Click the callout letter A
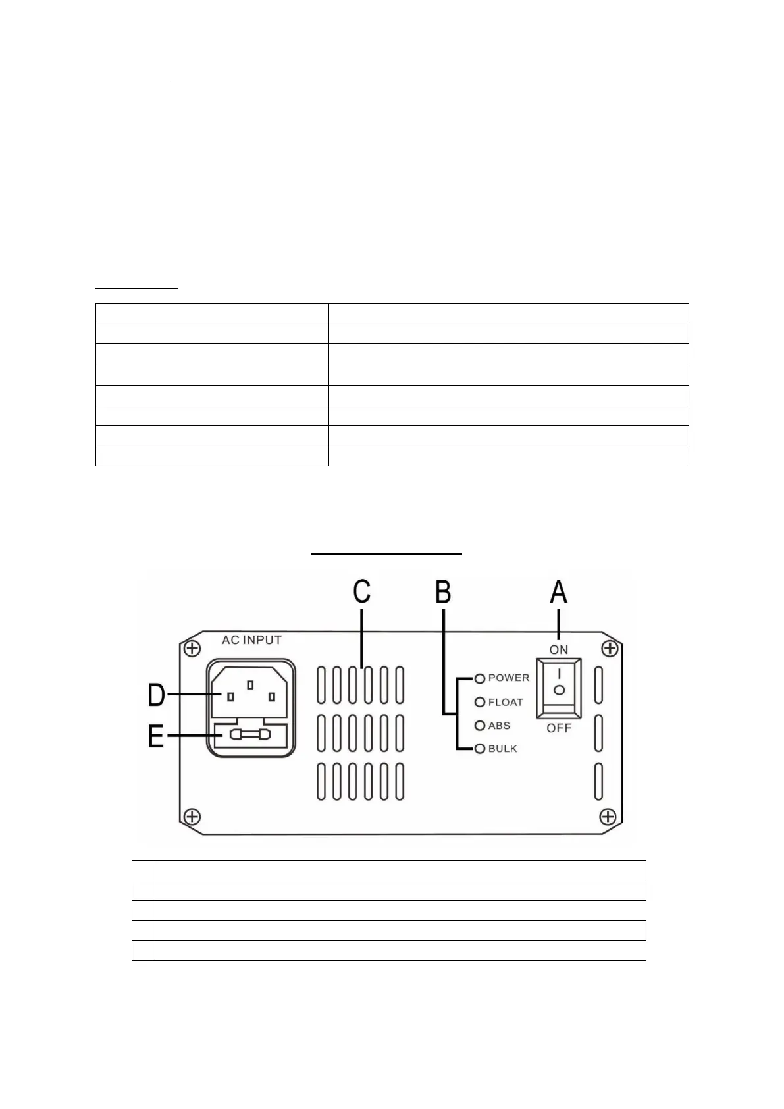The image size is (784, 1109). [x=558, y=591]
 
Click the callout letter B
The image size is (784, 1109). [x=443, y=591]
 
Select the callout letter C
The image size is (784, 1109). [x=361, y=591]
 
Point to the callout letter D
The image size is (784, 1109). [x=156, y=695]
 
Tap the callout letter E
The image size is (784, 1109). [x=156, y=735]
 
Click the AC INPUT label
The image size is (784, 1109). [x=251, y=640]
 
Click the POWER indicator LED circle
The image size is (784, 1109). [x=479, y=678]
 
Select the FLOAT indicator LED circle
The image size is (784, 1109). [x=479, y=702]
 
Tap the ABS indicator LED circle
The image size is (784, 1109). [x=479, y=726]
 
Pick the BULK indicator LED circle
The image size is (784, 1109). [x=479, y=749]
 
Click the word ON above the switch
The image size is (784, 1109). [x=559, y=649]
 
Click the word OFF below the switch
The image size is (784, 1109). [x=559, y=728]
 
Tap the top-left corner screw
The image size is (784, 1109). [x=192, y=649]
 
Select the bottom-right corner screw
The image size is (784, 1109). [x=608, y=817]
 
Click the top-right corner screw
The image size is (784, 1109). [x=610, y=649]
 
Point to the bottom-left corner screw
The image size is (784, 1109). [x=192, y=817]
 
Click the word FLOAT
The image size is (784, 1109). [x=506, y=702]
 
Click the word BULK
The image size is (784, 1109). [x=503, y=749]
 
